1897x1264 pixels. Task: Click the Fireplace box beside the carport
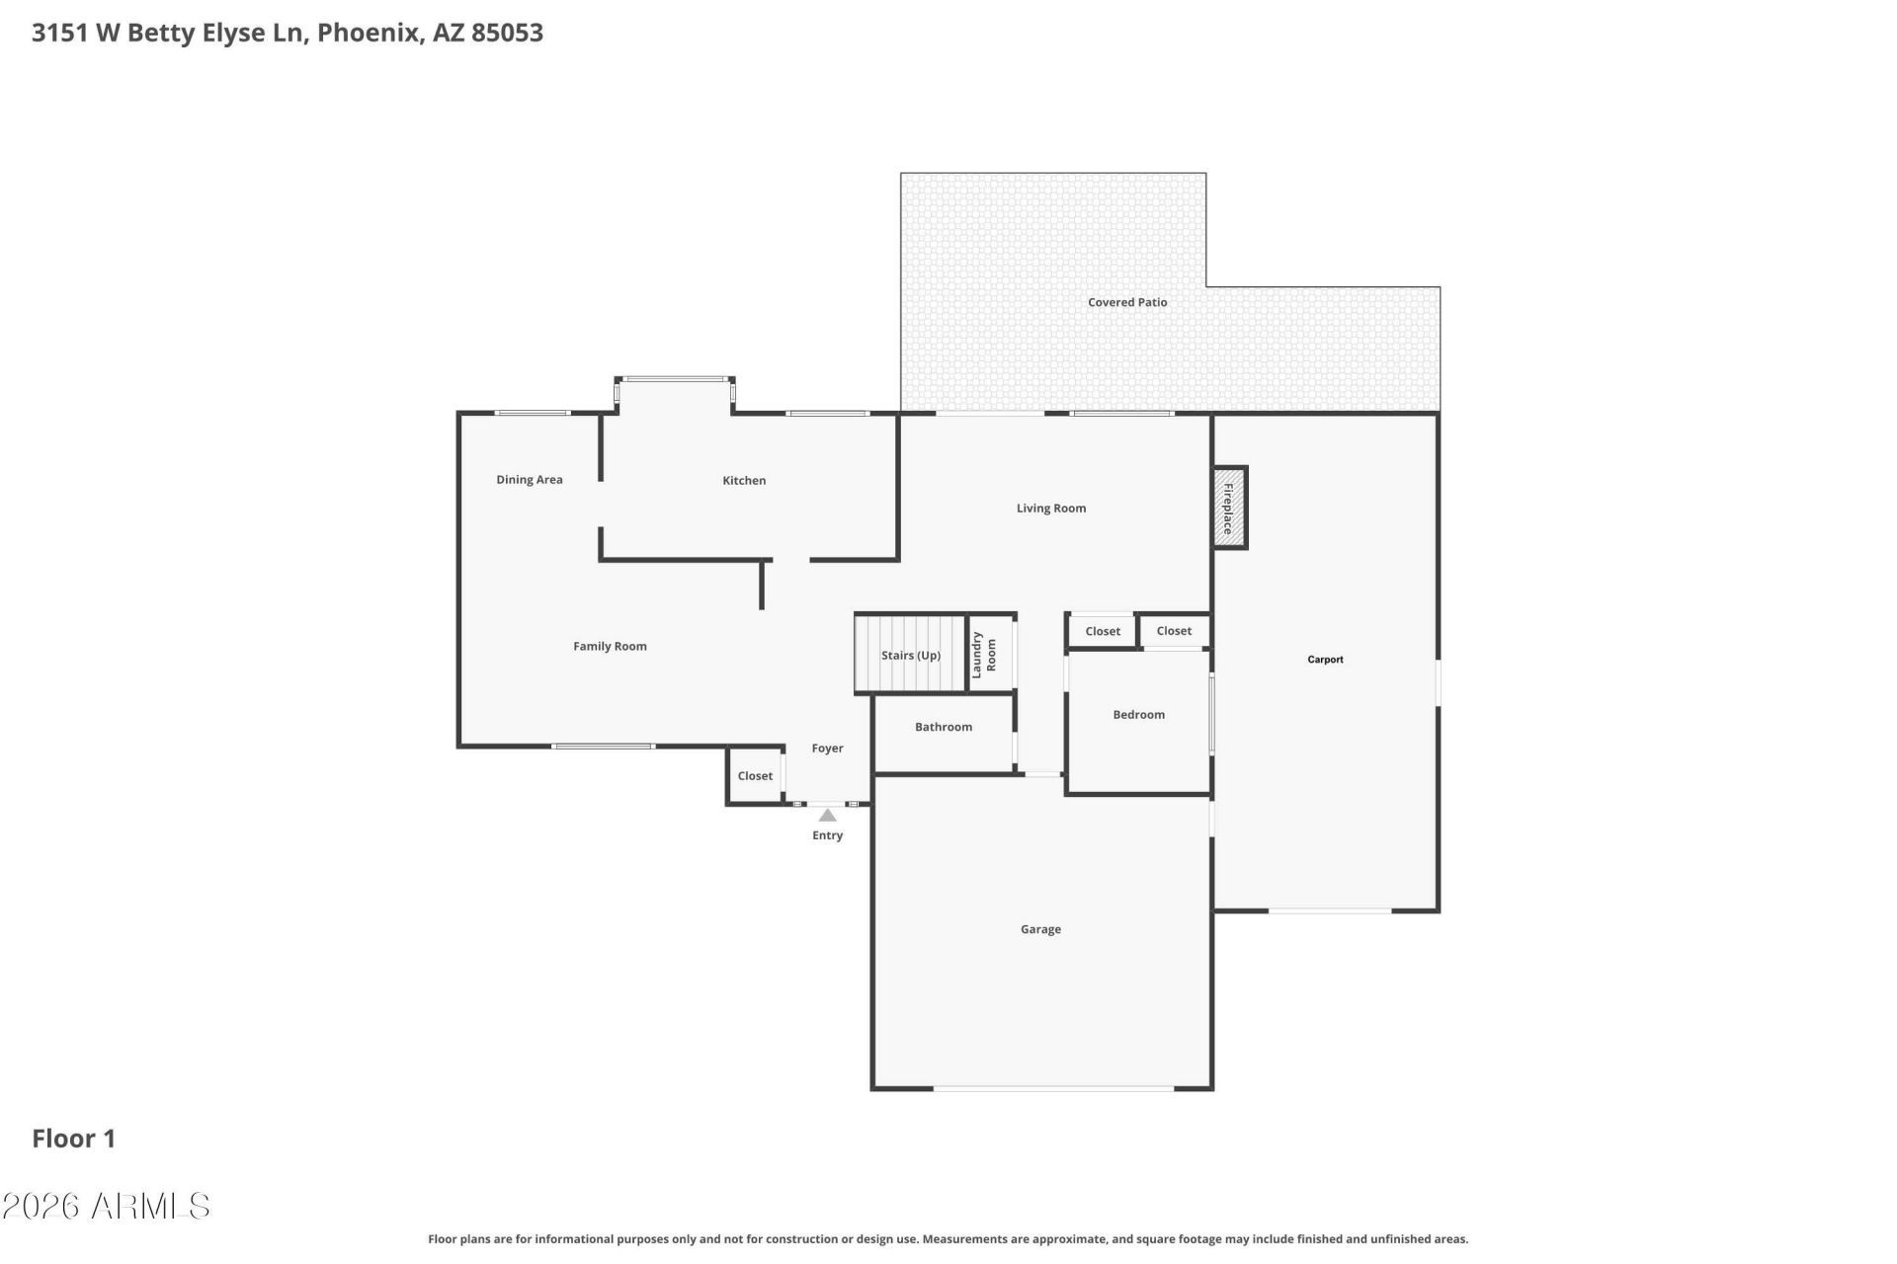(1229, 508)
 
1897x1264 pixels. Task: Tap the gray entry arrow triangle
(828, 816)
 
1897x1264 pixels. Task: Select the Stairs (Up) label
(910, 656)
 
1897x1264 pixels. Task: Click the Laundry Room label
(984, 655)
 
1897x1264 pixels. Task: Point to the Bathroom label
(943, 727)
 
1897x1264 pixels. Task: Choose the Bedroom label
(1138, 715)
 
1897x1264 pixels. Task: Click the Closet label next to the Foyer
(755, 776)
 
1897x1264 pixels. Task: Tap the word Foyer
(827, 749)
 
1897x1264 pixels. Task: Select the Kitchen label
(744, 481)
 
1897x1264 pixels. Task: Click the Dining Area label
(529, 480)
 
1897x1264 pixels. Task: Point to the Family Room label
(610, 647)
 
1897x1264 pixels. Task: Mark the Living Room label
(1050, 509)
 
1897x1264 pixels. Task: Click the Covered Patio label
(1126, 303)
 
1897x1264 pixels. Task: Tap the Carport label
(1325, 660)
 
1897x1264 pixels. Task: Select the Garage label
(1040, 929)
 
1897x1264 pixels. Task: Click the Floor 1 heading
(74, 1139)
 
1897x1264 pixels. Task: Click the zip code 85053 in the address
(507, 33)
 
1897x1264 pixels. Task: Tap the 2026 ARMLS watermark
(106, 1206)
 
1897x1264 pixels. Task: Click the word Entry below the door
(827, 835)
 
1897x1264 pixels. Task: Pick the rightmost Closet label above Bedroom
(1174, 631)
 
